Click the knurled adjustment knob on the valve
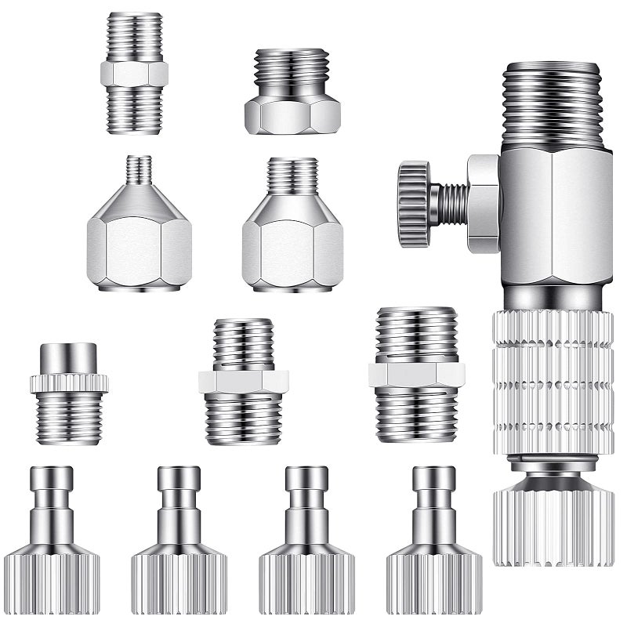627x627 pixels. point(412,204)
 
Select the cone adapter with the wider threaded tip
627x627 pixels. point(292,227)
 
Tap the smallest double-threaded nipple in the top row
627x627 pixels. point(134,72)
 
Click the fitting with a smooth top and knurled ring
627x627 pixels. point(69,392)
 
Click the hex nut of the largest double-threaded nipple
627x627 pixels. point(416,375)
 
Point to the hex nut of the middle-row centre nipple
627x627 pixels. point(244,381)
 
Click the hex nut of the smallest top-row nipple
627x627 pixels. point(134,74)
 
